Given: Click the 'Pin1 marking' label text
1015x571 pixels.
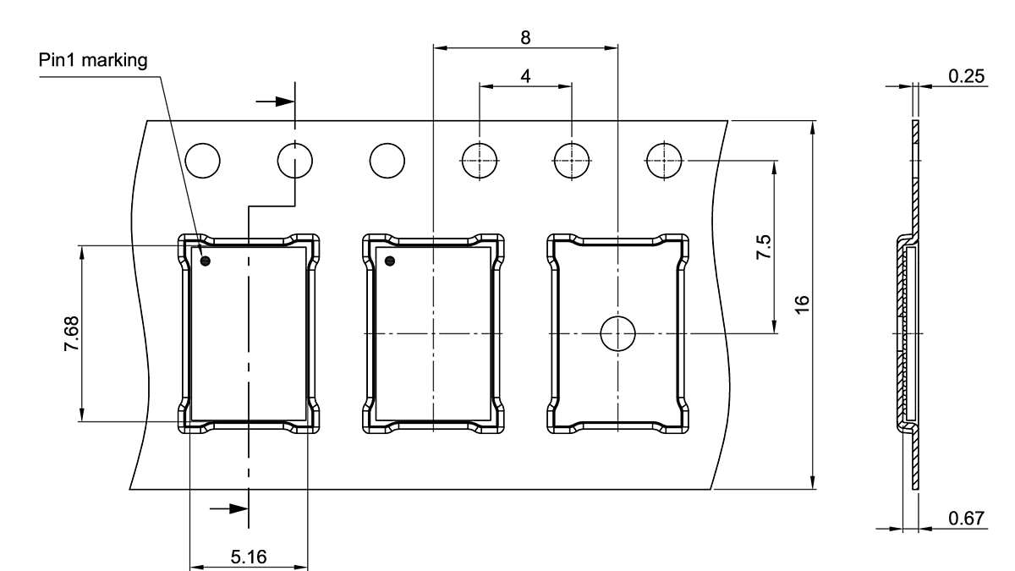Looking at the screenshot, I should click(93, 61).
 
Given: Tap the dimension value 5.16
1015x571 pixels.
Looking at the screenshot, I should click(249, 557).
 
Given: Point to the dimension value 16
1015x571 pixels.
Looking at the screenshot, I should click(803, 305).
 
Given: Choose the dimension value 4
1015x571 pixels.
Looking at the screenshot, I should click(526, 76).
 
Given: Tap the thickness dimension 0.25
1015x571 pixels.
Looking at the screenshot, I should click(966, 76).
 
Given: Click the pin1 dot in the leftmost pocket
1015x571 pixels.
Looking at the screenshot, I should click(205, 261).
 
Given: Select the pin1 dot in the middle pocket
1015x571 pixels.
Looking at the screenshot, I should click(390, 261).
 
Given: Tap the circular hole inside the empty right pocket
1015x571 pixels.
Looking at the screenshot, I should click(617, 334).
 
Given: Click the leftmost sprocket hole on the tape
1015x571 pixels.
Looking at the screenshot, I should click(203, 161).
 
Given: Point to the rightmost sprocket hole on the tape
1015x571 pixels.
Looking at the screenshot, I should click(664, 161).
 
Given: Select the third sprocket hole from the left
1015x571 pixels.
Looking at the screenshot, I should click(387, 161).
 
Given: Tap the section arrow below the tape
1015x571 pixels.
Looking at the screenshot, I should click(229, 508).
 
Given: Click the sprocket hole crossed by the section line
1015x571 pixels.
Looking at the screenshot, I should click(295, 161).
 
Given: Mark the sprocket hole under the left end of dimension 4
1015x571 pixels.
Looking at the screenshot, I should click(480, 161).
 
